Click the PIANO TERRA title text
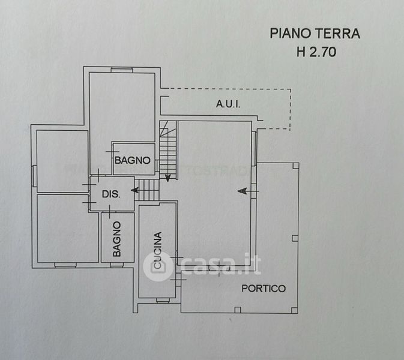pyautogui.click(x=315, y=34)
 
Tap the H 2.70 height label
pyautogui.click(x=316, y=52)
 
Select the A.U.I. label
pyautogui.click(x=228, y=104)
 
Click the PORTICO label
pyautogui.click(x=264, y=288)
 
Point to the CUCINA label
pyautogui.click(x=157, y=250)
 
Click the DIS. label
pyautogui.click(x=111, y=194)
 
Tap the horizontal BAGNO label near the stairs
pyautogui.click(x=133, y=160)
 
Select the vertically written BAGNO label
pyautogui.click(x=116, y=239)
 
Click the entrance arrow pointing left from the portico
pyautogui.click(x=248, y=191)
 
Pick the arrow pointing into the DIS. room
pyautogui.click(x=135, y=190)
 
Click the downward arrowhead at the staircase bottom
pyautogui.click(x=167, y=178)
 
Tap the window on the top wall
pyautogui.click(x=122, y=70)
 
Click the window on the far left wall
pyautogui.click(x=34, y=176)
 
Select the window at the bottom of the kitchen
pyautogui.click(x=163, y=300)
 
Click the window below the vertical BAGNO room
pyautogui.click(x=117, y=265)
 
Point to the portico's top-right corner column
pyautogui.click(x=296, y=166)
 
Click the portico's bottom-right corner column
pyautogui.click(x=294, y=310)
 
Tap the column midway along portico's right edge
pyautogui.click(x=295, y=238)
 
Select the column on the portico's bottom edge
pyautogui.click(x=238, y=310)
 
